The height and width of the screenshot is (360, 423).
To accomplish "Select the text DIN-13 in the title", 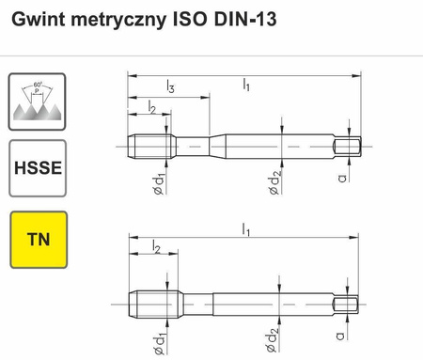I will click(x=249, y=18).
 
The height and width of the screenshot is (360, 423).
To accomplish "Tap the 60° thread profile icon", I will click(x=37, y=102).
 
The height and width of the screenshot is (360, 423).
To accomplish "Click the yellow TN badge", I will click(x=37, y=237).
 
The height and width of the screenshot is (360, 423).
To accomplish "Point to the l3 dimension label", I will click(x=169, y=87).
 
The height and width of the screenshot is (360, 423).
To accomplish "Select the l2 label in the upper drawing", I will click(x=152, y=109).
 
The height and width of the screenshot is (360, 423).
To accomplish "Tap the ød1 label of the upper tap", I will click(x=161, y=180).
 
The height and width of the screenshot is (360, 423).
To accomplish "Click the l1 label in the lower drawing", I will click(x=246, y=228).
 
